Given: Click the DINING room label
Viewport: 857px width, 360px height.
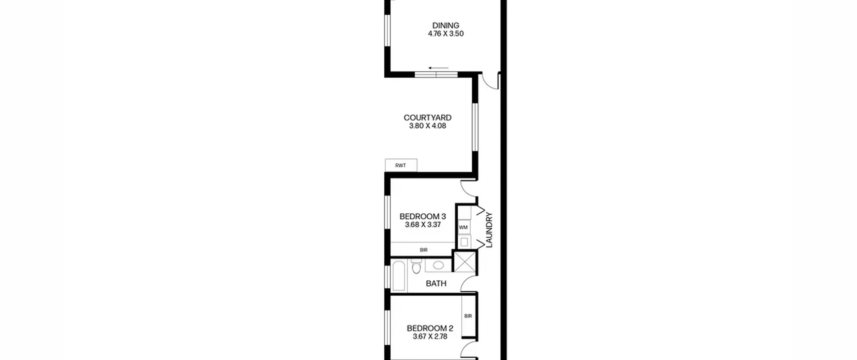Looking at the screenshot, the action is (x=446, y=25).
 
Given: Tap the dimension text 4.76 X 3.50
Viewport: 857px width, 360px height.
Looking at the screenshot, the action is (x=446, y=33).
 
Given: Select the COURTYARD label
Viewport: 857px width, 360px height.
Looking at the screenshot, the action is (x=427, y=118).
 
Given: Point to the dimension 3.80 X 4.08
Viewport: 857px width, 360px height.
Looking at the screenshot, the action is (x=427, y=126).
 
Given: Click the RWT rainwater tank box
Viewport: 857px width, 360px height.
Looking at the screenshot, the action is (x=401, y=165).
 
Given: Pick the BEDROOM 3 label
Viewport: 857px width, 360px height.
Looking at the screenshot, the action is (x=423, y=216).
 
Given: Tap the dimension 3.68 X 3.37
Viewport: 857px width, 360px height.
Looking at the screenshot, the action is (x=423, y=225).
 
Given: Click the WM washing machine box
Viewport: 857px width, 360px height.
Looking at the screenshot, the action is (x=464, y=227).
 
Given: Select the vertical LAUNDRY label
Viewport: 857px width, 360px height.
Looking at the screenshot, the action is (x=489, y=230).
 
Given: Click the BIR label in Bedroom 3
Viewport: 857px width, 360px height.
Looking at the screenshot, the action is (x=423, y=250).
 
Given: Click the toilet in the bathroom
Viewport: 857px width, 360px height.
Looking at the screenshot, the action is (x=416, y=267).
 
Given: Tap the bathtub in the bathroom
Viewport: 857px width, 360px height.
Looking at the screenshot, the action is (x=399, y=277).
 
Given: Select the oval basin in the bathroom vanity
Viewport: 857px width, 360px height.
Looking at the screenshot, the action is (x=438, y=266).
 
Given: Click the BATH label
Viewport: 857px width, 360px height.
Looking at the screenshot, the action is (x=436, y=284).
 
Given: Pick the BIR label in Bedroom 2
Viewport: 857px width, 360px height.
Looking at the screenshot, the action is (x=468, y=316).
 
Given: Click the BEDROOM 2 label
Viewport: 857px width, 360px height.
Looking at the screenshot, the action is (x=430, y=328).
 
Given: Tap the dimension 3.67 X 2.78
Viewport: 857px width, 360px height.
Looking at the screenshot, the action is (x=430, y=337).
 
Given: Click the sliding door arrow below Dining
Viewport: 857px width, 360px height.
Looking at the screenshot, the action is (x=438, y=68).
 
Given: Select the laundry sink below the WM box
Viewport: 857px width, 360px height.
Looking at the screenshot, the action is (x=464, y=241).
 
